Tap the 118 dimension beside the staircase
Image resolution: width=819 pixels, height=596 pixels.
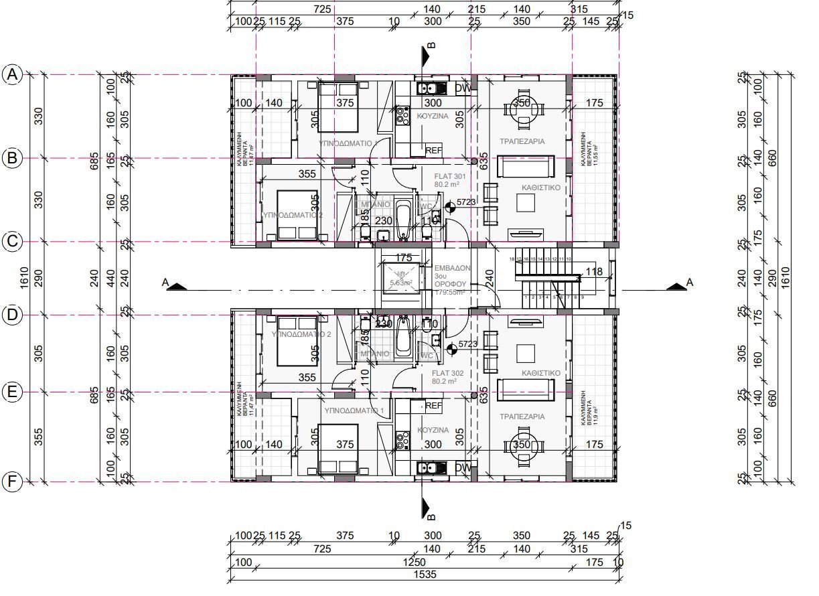coord(594,271)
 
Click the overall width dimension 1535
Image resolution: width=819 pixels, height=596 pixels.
coord(423,574)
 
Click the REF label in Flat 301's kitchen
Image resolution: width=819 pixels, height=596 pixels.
coord(434,151)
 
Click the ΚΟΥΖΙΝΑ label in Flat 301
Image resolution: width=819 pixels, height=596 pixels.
coord(433,116)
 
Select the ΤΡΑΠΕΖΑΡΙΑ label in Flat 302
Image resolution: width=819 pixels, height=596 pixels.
coord(522,417)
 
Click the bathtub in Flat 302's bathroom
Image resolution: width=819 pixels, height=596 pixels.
coord(403,337)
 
